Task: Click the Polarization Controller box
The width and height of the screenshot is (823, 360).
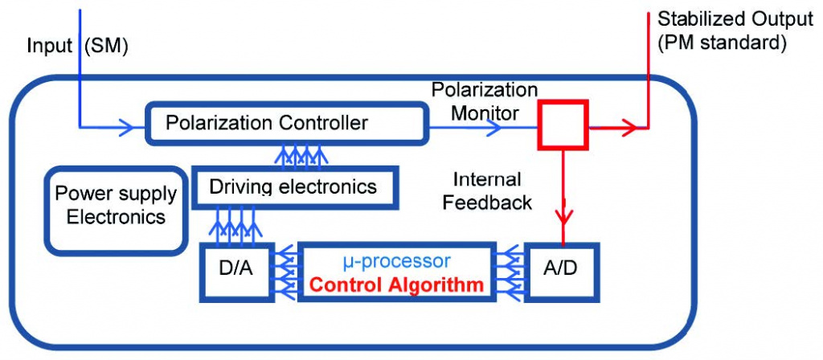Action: pos(285,124)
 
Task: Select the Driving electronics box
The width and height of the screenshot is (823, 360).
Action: pos(293,188)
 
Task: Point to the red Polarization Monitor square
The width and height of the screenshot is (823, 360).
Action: pos(563,125)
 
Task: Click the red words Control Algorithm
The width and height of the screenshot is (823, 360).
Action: pos(396,284)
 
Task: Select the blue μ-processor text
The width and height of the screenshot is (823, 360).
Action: pos(393,261)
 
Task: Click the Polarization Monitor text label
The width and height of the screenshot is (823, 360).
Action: pos(484,101)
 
